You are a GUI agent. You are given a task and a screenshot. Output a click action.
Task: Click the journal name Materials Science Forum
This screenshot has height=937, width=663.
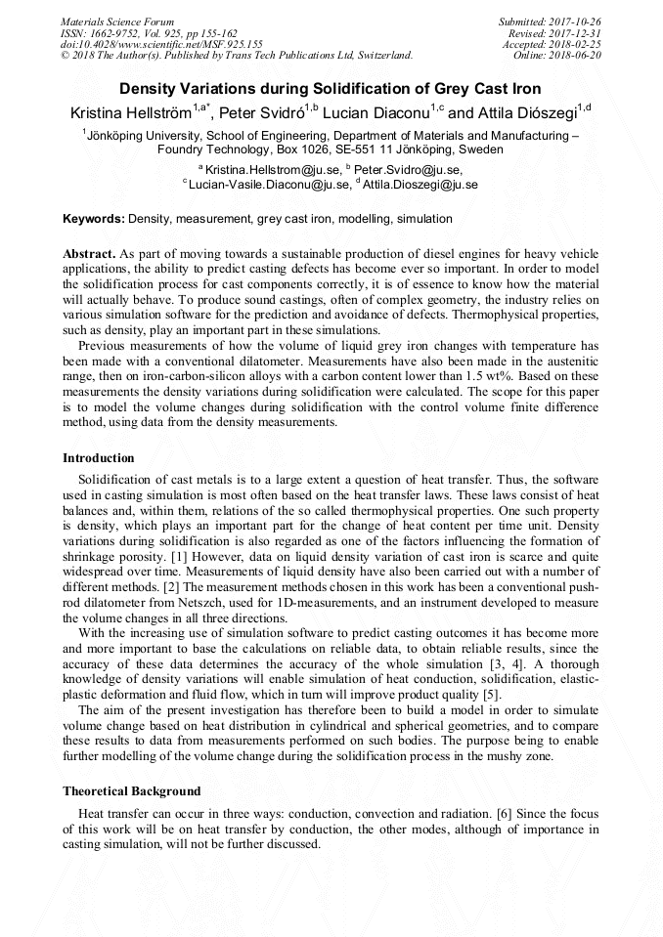[116, 21]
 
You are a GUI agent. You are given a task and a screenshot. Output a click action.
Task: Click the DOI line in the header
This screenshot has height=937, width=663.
[161, 44]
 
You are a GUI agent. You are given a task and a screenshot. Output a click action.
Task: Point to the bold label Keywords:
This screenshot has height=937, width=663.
[94, 220]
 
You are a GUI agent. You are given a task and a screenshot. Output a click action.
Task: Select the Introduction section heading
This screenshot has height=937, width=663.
[99, 458]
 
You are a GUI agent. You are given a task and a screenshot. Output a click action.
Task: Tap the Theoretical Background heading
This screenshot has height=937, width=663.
[132, 790]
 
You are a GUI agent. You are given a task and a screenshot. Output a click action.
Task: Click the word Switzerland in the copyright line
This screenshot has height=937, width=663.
[382, 56]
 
